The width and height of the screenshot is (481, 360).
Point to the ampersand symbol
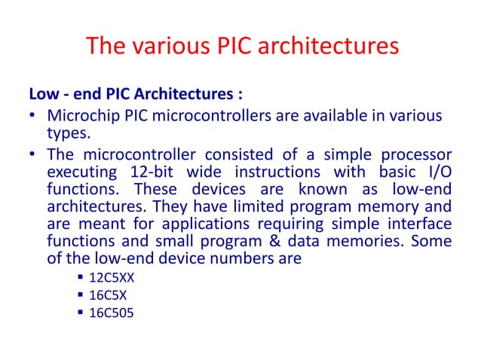[x=276, y=241]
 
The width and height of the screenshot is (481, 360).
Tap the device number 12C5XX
[x=112, y=276]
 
